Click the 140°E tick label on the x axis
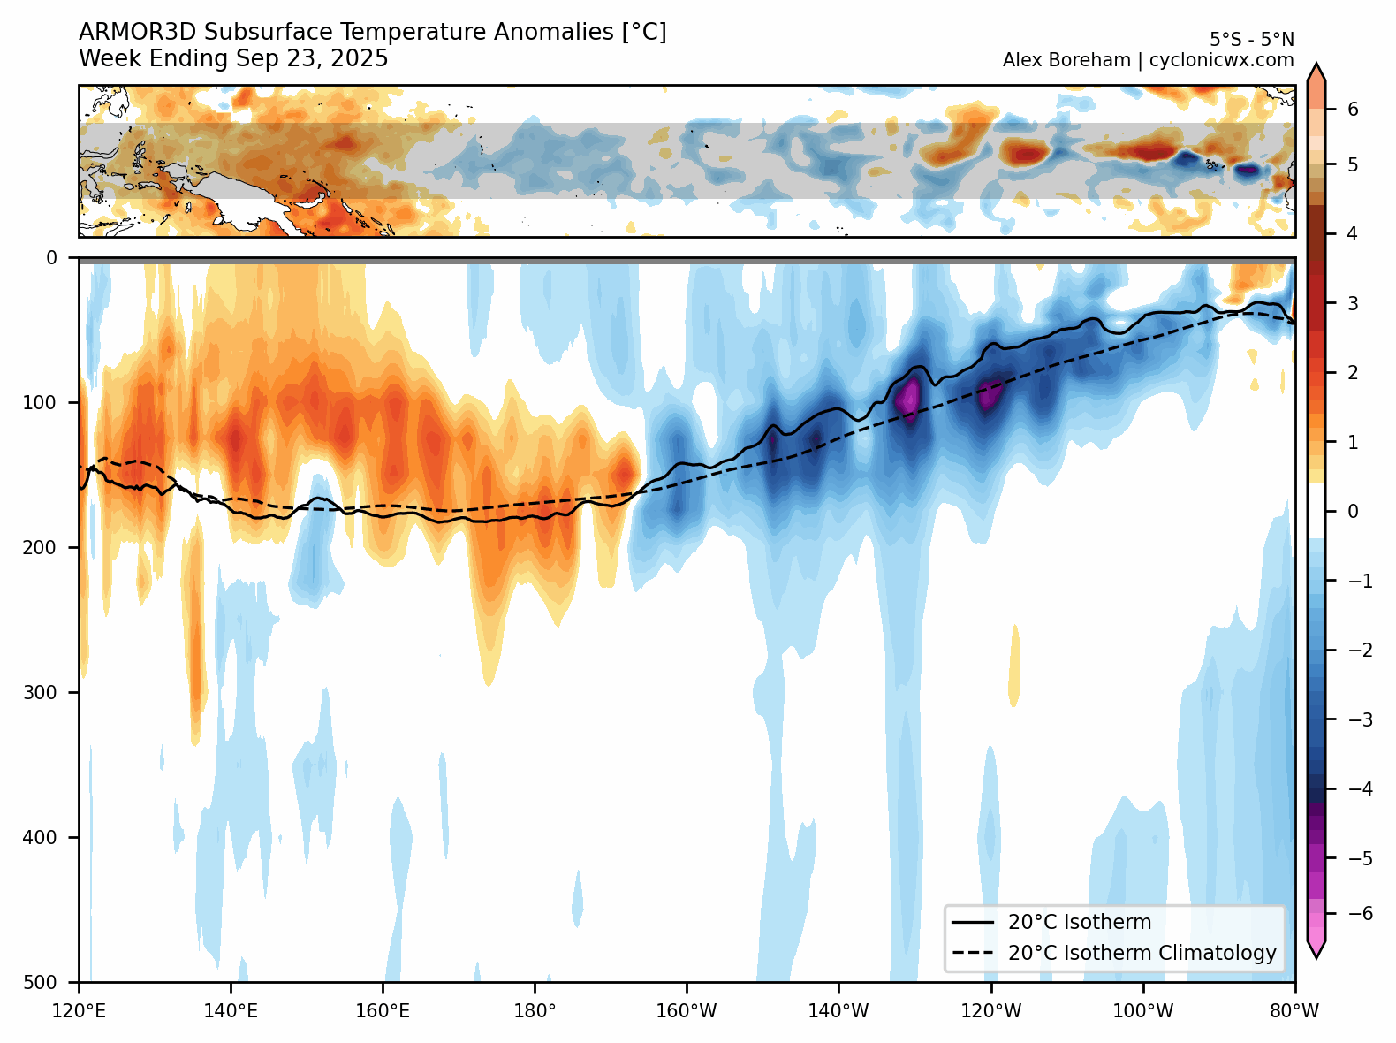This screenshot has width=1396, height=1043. click(231, 1010)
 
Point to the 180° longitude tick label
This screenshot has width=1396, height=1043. click(535, 1010)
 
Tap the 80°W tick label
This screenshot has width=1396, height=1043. click(1294, 1010)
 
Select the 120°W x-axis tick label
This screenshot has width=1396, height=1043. click(990, 1010)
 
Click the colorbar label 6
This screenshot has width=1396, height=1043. click(1353, 110)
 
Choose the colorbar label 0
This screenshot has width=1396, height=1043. click(1353, 512)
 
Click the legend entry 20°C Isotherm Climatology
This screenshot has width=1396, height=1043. click(1142, 953)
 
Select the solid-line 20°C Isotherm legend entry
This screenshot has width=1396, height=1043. click(1079, 922)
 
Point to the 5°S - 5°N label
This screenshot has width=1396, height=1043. click(1251, 40)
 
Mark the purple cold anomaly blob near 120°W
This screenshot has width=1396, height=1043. click(989, 392)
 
